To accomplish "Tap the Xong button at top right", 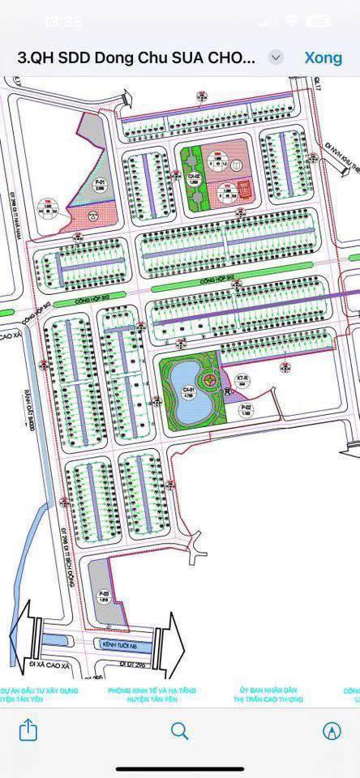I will click(x=323, y=58).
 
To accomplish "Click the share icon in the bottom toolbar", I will click(x=28, y=731).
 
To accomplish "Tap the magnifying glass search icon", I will click(x=180, y=731).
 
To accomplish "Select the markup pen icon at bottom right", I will click(x=331, y=731).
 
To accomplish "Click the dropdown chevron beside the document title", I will click(x=276, y=58).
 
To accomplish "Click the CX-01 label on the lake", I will click(x=187, y=393).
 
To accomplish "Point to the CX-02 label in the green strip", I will click(x=193, y=178).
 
